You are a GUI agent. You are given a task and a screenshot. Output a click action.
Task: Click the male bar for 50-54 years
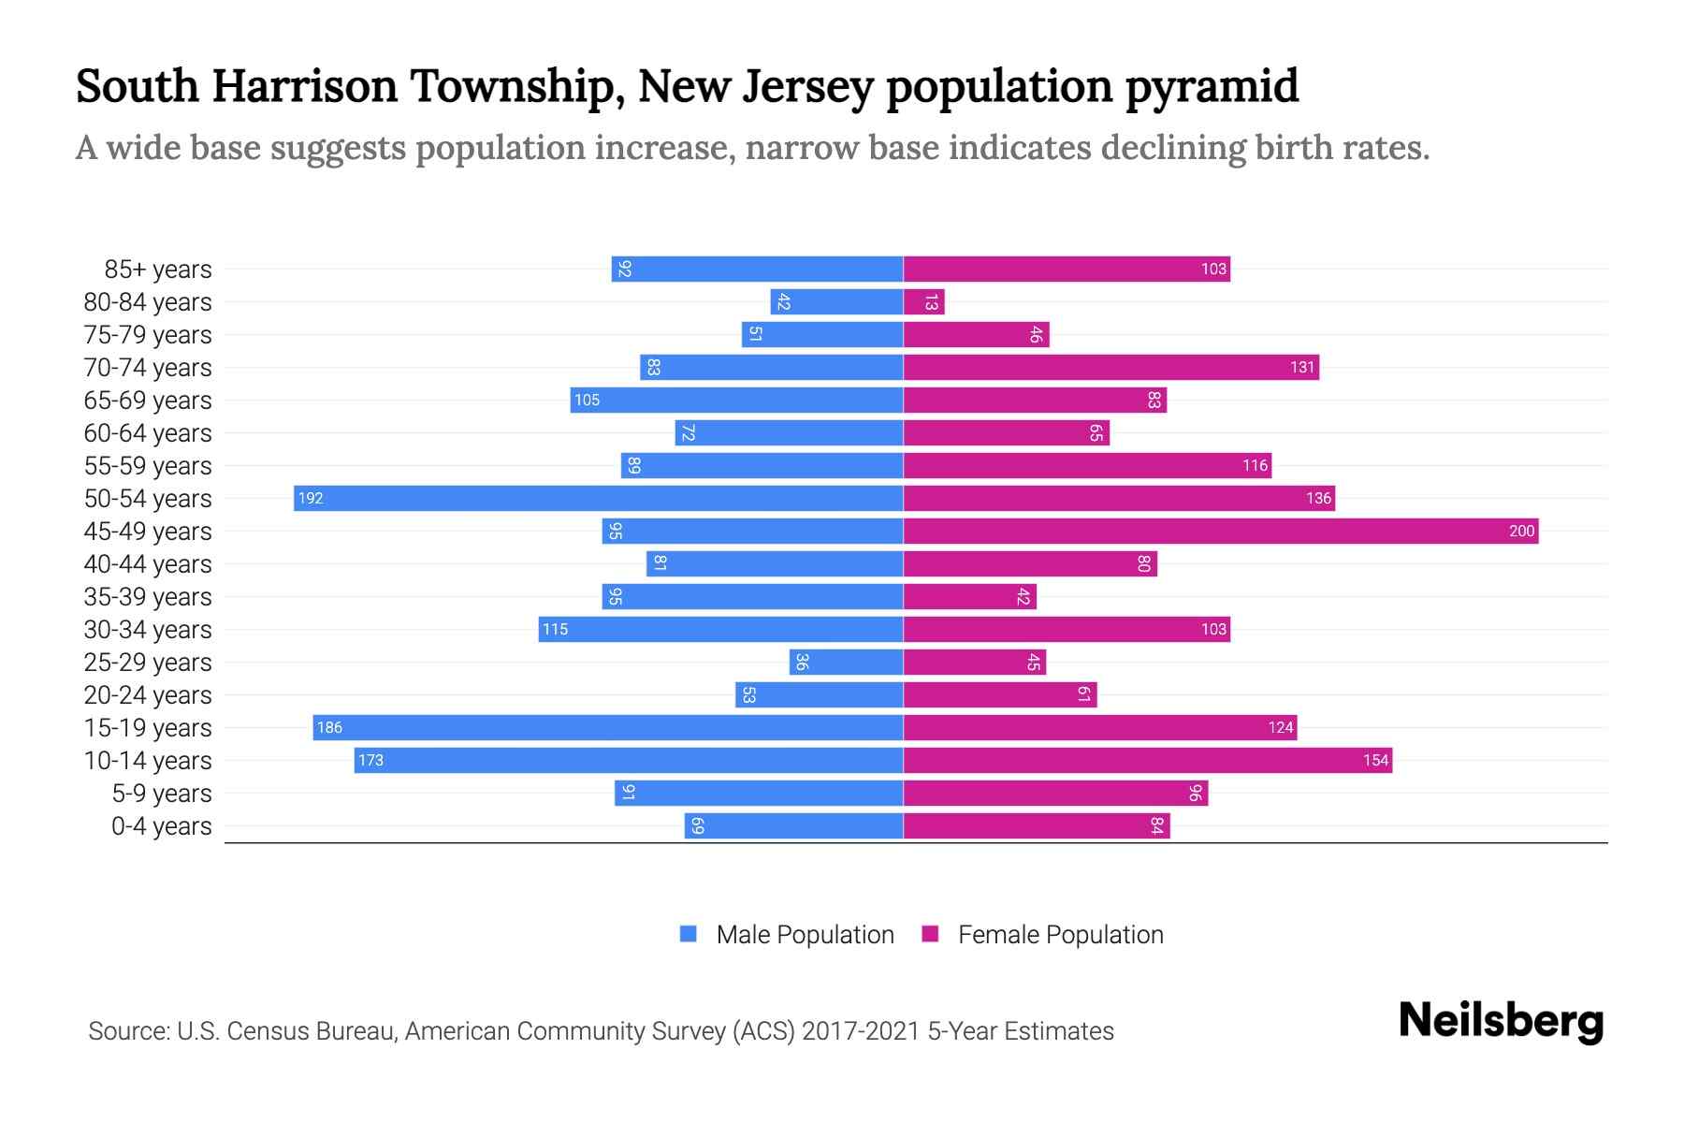pyautogui.click(x=599, y=498)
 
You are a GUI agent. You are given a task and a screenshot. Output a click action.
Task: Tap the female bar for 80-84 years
pyautogui.click(x=924, y=301)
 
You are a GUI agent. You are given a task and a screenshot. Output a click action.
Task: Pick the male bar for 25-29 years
pyautogui.click(x=847, y=662)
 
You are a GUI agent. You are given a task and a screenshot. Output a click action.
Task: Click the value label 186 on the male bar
pyautogui.click(x=329, y=727)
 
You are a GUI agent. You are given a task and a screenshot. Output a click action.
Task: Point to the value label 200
pyautogui.click(x=1521, y=531)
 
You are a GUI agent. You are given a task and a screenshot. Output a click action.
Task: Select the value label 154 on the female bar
pyautogui.click(x=1375, y=760)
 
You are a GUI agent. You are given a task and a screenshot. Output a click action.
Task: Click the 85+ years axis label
pyautogui.click(x=158, y=270)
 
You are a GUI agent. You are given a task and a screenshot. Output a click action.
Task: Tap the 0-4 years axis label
pyautogui.click(x=161, y=826)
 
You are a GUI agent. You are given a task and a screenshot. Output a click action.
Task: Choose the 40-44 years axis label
pyautogui.click(x=148, y=564)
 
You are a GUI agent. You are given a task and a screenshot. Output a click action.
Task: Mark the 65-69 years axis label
pyautogui.click(x=148, y=401)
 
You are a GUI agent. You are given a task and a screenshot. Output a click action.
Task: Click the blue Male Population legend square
pyautogui.click(x=689, y=934)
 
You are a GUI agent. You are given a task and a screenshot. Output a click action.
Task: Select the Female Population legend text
pyautogui.click(x=1060, y=934)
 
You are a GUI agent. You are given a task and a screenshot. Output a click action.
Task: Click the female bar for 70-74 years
pyautogui.click(x=1111, y=367)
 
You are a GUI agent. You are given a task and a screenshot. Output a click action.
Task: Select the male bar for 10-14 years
pyautogui.click(x=629, y=760)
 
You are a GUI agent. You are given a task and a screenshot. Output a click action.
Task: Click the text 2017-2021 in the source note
pyautogui.click(x=860, y=1031)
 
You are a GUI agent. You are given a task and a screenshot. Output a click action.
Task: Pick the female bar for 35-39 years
pyautogui.click(x=970, y=596)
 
